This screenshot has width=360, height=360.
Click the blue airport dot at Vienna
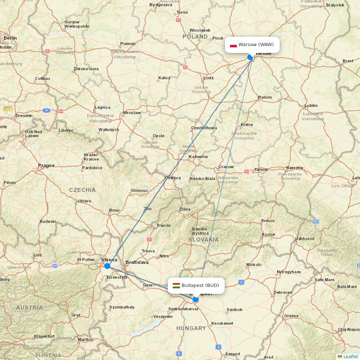tap(107, 266)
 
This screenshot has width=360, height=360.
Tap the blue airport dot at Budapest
tap(195, 299)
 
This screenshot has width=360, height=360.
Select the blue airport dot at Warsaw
tap(251, 57)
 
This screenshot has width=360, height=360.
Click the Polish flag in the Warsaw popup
tap(233, 45)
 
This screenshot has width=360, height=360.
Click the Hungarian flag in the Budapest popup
tap(176, 285)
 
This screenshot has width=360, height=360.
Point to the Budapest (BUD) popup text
tap(200, 285)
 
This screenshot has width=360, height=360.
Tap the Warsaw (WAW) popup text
tap(256, 45)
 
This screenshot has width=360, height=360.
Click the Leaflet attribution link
tap(351, 356)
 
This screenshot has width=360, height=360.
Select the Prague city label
tap(46, 166)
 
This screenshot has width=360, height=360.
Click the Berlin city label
tap(10, 38)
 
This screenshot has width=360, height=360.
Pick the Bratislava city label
tap(137, 262)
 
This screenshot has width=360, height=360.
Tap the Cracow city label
tap(226, 167)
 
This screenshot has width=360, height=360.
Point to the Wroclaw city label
tap(132, 113)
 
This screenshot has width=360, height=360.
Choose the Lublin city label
tap(311, 105)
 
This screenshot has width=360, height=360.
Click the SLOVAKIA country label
tap(203, 239)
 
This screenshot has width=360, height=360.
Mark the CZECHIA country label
tap(82, 190)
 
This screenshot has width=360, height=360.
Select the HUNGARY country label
tap(191, 328)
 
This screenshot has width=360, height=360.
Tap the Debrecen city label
tap(283, 292)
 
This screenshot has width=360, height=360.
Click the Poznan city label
tap(128, 44)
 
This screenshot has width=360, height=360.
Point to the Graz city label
tap(76, 315)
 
